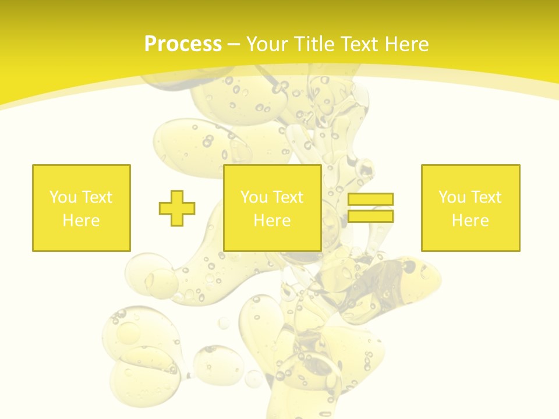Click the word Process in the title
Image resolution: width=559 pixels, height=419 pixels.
(183, 44)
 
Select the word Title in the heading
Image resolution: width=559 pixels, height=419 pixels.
(314, 44)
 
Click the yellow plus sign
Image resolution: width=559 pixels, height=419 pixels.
(177, 208)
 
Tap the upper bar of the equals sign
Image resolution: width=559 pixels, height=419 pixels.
(370, 199)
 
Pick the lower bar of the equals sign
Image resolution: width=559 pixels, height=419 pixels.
(370, 216)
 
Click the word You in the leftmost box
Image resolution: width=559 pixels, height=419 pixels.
(62, 197)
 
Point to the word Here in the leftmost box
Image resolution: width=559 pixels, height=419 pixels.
(81, 221)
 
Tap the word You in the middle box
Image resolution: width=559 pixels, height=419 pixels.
(253, 197)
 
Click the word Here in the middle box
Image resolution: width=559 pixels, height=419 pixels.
(272, 221)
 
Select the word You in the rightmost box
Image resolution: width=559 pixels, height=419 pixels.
(451, 197)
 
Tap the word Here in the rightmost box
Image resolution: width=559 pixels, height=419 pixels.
(470, 221)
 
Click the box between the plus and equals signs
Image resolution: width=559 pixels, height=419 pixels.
(272, 239)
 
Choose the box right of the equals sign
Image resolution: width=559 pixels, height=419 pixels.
(470, 239)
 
